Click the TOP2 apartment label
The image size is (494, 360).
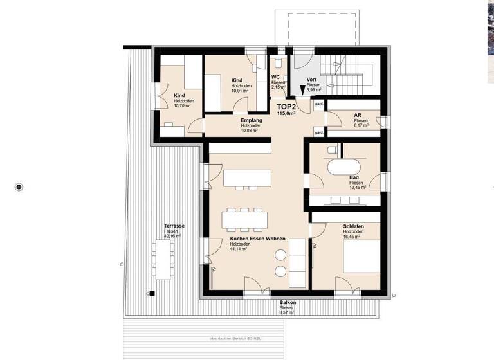[286, 107]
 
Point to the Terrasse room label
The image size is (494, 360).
[174, 226]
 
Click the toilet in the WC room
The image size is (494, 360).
[277, 65]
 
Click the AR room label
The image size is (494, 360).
[358, 114]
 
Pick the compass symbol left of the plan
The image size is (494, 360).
[19, 187]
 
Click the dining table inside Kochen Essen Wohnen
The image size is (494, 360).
[245, 219]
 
